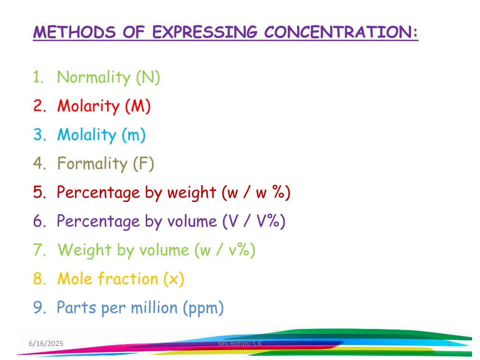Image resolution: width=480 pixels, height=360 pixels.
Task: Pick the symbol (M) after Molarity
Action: click(x=138, y=106)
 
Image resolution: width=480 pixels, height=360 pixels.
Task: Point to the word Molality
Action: click(x=87, y=135)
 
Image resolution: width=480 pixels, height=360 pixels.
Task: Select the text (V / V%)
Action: click(x=254, y=221)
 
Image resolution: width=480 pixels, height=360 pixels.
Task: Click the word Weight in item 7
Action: click(x=84, y=250)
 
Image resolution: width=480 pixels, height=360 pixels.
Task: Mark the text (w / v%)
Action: click(x=225, y=250)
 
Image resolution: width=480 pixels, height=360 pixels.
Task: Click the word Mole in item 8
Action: click(x=75, y=279)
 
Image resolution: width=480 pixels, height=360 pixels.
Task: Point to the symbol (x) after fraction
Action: click(x=173, y=279)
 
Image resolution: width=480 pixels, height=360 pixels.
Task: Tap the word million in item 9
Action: click(x=154, y=308)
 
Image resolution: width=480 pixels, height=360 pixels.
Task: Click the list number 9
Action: click(x=38, y=308)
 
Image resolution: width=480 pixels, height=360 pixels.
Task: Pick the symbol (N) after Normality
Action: click(x=148, y=77)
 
